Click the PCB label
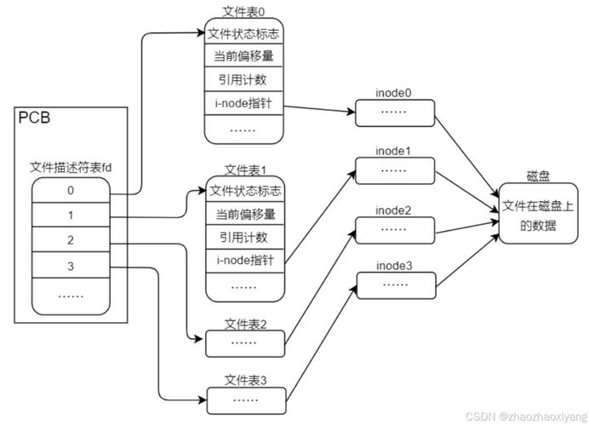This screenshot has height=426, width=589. pyautogui.click(x=34, y=118)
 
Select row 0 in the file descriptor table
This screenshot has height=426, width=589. pyautogui.click(x=71, y=191)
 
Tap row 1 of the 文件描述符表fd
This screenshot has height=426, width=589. pyautogui.click(x=71, y=216)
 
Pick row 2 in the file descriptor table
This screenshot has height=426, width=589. pyautogui.click(x=71, y=240)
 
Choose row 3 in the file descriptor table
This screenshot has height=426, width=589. pyautogui.click(x=71, y=266)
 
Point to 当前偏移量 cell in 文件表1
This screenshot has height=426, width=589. pyautogui.click(x=245, y=214)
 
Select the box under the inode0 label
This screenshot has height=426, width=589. pyautogui.click(x=394, y=112)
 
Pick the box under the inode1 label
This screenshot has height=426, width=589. pyautogui.click(x=394, y=170)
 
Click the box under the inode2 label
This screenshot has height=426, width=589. pyautogui.click(x=394, y=229)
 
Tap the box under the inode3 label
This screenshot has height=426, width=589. pyautogui.click(x=394, y=285)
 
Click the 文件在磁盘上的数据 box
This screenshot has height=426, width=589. pyautogui.click(x=538, y=215)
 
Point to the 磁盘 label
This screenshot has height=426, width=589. pyautogui.click(x=538, y=176)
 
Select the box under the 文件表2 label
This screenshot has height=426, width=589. pyautogui.click(x=245, y=343)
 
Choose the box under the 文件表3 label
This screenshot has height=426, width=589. pyautogui.click(x=245, y=399)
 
